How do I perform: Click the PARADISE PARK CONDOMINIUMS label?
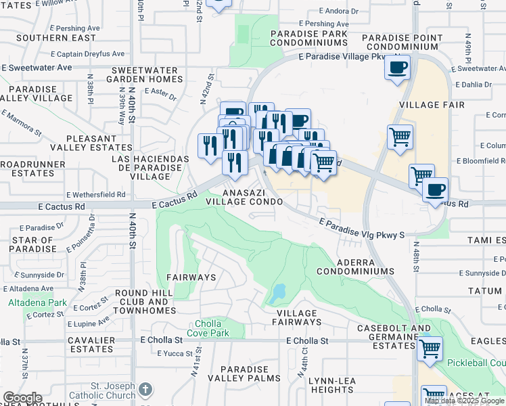click(x=308, y=37)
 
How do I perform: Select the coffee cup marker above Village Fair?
click(x=398, y=68)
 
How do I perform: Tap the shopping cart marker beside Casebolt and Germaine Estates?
click(x=430, y=348)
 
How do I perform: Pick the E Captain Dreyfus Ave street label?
click(x=87, y=53)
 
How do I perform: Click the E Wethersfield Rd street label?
click(x=93, y=194)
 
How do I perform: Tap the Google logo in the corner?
click(x=22, y=398)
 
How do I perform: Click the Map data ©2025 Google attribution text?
click(x=464, y=401)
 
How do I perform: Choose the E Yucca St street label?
click(x=175, y=353)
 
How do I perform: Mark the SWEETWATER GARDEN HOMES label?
click(x=147, y=74)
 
